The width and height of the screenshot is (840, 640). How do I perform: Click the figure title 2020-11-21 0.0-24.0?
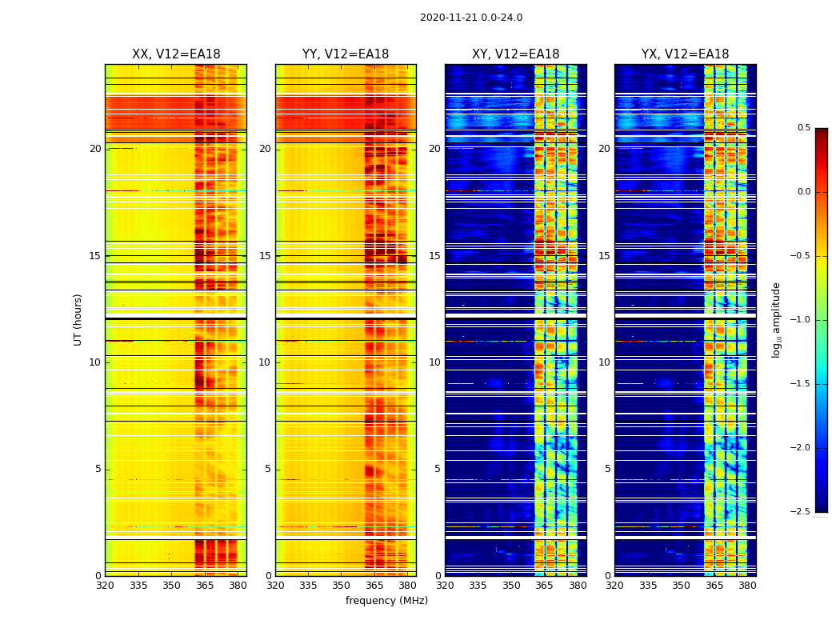coord(471,18)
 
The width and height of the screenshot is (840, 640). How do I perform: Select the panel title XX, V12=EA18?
coord(176,54)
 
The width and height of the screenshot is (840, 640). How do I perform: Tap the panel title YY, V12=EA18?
coord(346,54)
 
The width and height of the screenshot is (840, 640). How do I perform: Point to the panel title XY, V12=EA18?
coord(515,54)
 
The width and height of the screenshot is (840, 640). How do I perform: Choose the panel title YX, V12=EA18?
coord(685,54)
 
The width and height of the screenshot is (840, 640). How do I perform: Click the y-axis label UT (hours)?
coord(78,319)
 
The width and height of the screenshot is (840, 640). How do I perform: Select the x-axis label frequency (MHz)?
coord(386,601)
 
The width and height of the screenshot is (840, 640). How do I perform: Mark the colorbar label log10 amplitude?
coord(776,319)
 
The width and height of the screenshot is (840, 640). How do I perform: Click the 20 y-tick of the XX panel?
coord(95,149)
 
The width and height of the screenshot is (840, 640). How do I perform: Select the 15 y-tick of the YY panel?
coord(266,256)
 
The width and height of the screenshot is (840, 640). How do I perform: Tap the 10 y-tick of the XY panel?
coord(435,362)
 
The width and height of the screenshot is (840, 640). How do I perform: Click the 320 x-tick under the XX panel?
coord(105,586)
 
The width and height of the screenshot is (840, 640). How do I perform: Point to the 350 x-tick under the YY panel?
coord(342,586)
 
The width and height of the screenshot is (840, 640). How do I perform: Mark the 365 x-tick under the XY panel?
coord(545,586)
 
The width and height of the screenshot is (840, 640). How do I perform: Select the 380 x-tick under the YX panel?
coord(747,586)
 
